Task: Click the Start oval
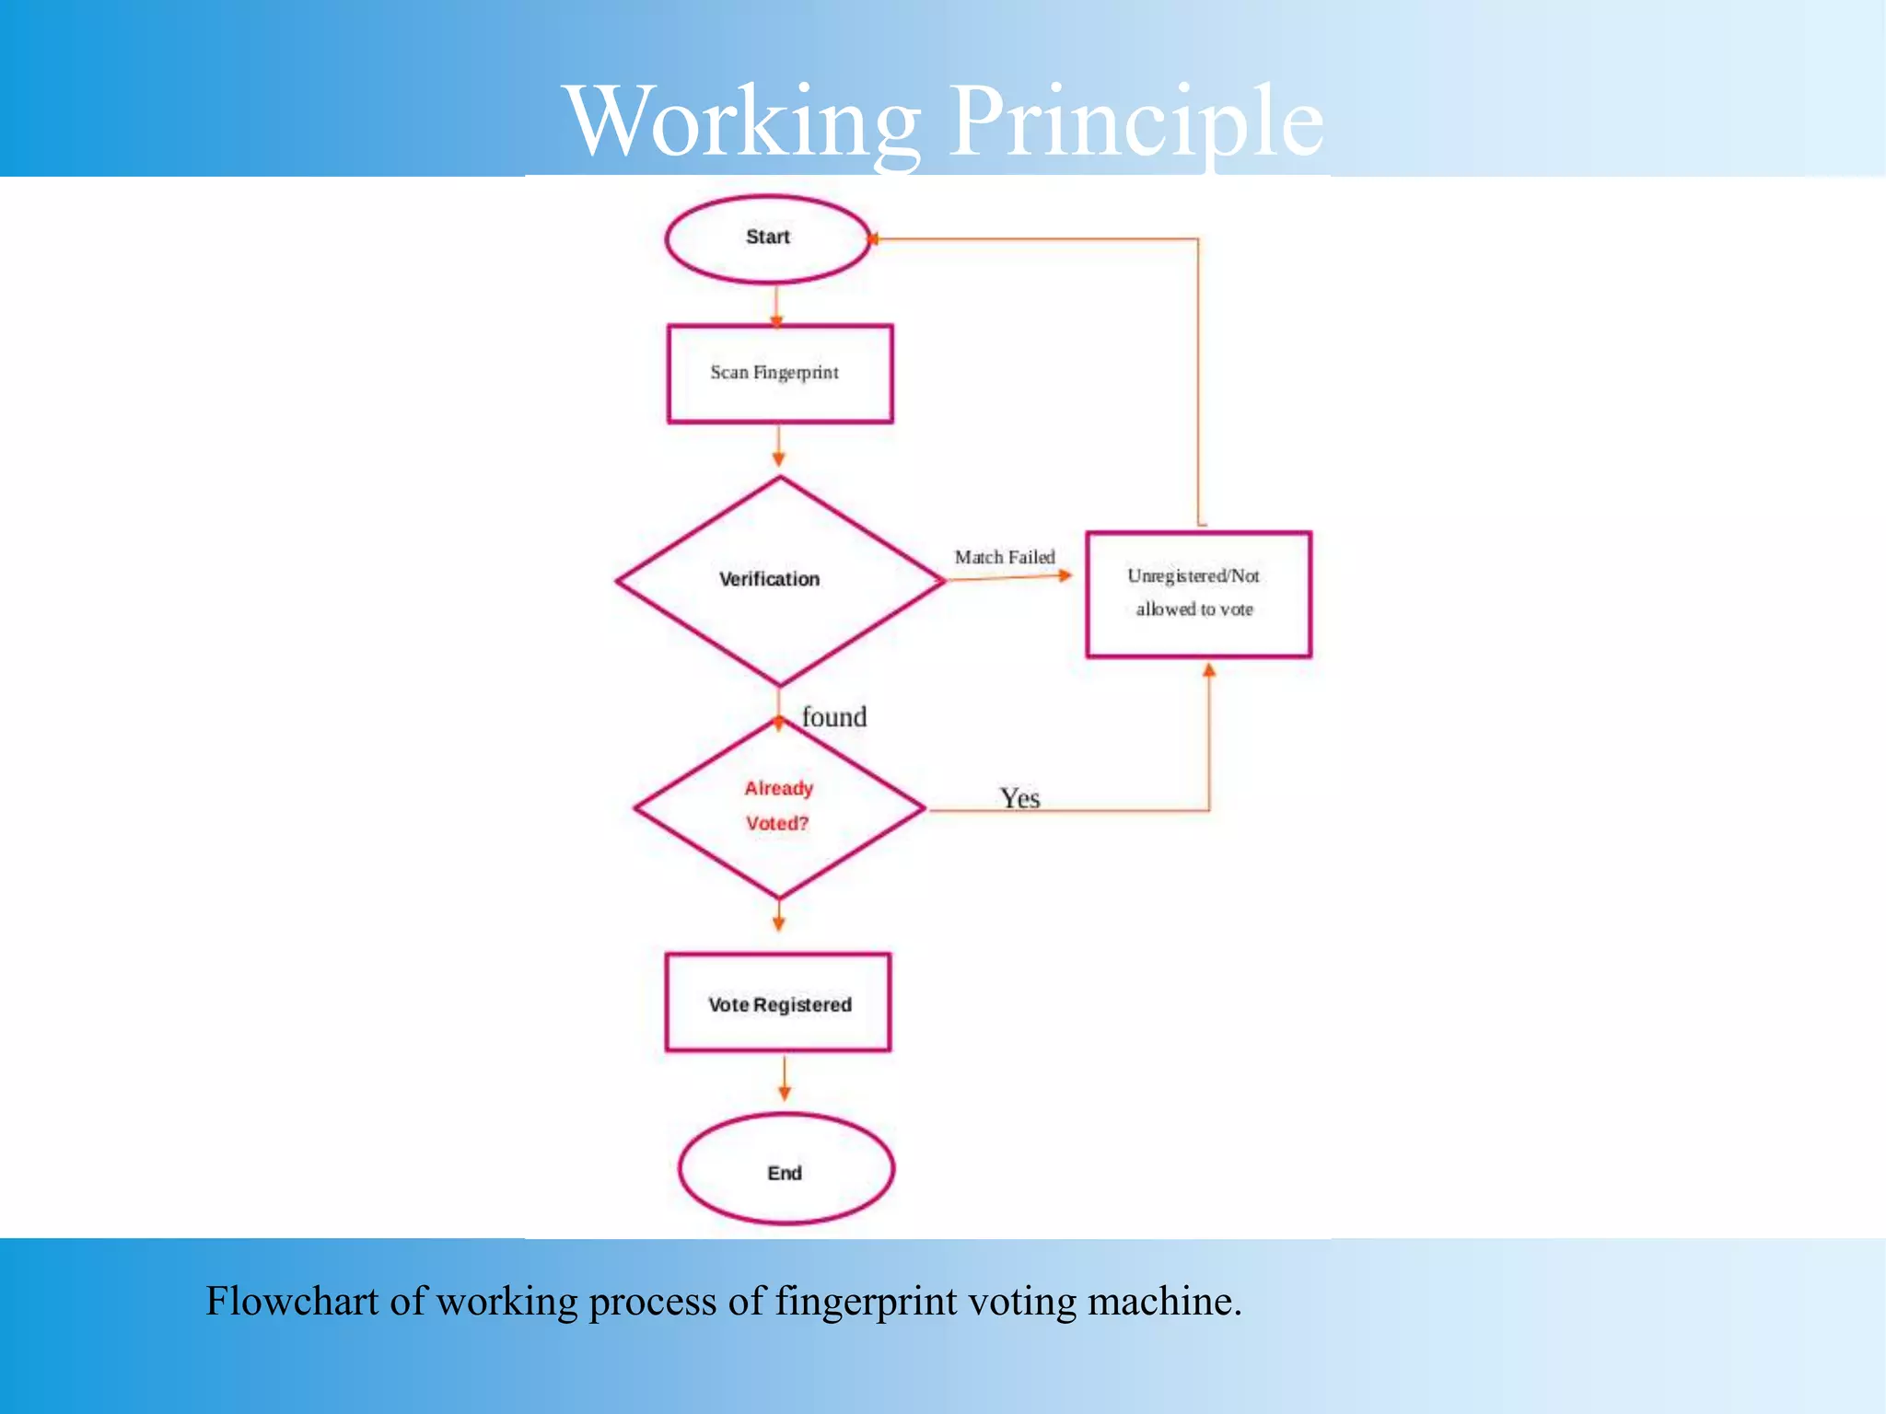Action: [768, 238]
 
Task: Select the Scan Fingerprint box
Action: [779, 374]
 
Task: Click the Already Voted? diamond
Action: [779, 807]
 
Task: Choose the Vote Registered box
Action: [778, 1003]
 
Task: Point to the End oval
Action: [786, 1170]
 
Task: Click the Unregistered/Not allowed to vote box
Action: [1197, 594]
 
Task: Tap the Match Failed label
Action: [1004, 557]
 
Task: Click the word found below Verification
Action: [834, 716]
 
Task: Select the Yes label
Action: [1020, 797]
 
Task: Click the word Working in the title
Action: [742, 122]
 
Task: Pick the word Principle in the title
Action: [1136, 122]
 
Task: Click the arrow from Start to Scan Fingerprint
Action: [776, 306]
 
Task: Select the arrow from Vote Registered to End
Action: [784, 1079]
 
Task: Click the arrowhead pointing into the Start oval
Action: [873, 239]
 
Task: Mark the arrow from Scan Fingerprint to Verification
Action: [778, 446]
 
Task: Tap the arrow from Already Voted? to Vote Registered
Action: [779, 916]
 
